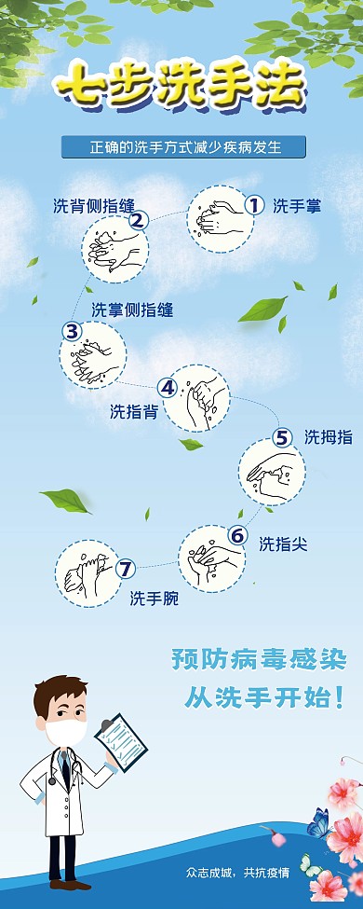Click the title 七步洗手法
pos(179,89)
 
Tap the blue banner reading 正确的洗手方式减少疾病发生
pos(184,147)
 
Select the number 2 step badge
pos(139,220)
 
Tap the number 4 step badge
pos(168,387)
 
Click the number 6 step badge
pos(237,535)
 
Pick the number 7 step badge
pos(127,567)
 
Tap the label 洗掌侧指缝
pos(131,310)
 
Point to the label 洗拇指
pos(328,437)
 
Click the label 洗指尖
pos(283,544)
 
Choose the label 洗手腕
pos(154,598)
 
